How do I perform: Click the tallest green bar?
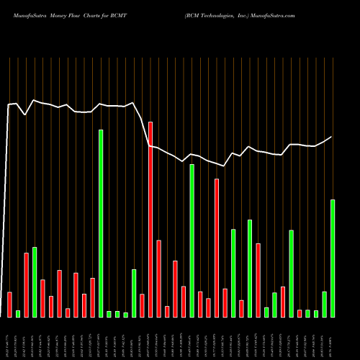pos(101,223)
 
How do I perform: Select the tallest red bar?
pos(150,219)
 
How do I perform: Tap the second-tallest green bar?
pos(192,240)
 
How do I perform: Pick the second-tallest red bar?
pos(217,248)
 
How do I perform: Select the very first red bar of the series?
pos(9,304)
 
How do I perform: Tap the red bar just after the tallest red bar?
pos(158,278)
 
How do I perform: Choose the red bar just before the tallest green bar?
pos(92,297)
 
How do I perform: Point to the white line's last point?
pos(332,137)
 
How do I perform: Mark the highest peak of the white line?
pos(34,100)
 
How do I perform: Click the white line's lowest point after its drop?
pos(225,166)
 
